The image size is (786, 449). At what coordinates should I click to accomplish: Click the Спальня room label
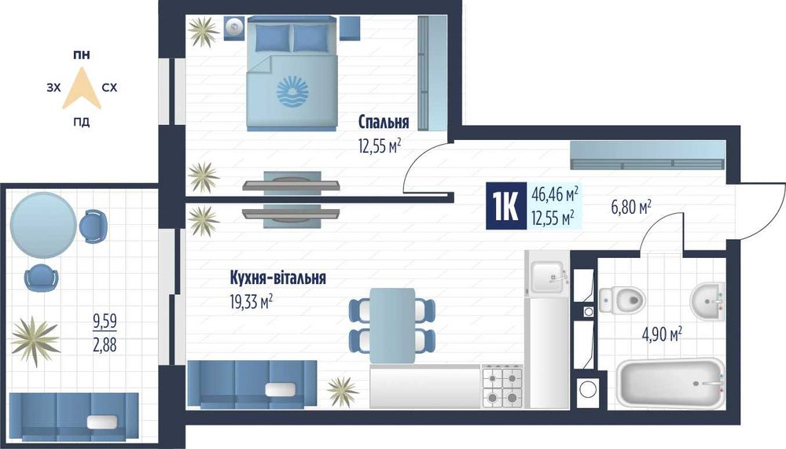pos(384,121)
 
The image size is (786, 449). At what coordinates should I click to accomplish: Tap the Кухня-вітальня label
pos(277,278)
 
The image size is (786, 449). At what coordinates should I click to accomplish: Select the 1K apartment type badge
pos(505,206)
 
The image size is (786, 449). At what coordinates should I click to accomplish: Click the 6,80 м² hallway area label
pos(631,206)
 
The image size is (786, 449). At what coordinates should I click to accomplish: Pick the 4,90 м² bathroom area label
pos(662,333)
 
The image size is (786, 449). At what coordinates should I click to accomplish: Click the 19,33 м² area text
pos(252,302)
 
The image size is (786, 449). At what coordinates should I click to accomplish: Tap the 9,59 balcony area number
pos(105,321)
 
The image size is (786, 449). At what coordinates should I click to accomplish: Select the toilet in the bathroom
pos(622,300)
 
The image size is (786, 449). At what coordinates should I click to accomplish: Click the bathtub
pos(670,383)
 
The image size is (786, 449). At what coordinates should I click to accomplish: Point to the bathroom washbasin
pos(708,301)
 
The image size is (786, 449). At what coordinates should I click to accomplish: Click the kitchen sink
pos(549,277)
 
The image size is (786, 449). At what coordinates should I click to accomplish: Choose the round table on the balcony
pos(43,226)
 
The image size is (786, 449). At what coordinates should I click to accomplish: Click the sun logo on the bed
pos(293,92)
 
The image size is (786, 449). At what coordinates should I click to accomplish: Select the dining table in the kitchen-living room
pos(392,325)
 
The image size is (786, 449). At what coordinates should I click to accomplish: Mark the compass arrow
pos(82,90)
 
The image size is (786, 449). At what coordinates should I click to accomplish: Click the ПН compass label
pos(82,55)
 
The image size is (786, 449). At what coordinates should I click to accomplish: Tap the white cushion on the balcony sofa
pos(101,422)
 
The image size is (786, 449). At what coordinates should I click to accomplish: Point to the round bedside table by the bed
pos(233,28)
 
